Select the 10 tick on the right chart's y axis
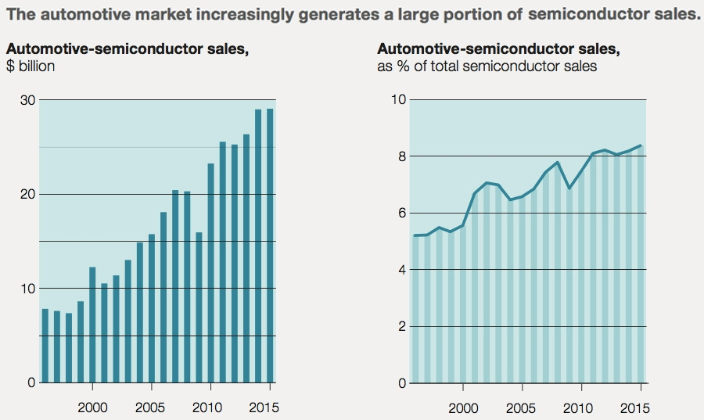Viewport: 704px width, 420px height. pos(399,100)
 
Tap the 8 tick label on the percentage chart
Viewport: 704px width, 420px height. pos(402,156)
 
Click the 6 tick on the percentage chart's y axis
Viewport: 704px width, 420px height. pos(402,214)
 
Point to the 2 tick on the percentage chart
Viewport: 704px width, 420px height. pos(402,327)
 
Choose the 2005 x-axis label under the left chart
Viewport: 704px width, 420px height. pos(151,407)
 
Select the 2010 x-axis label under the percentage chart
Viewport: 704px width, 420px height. pos(577,407)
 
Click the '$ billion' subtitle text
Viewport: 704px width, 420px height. pos(31,66)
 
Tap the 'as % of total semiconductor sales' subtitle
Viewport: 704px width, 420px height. pos(487,66)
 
